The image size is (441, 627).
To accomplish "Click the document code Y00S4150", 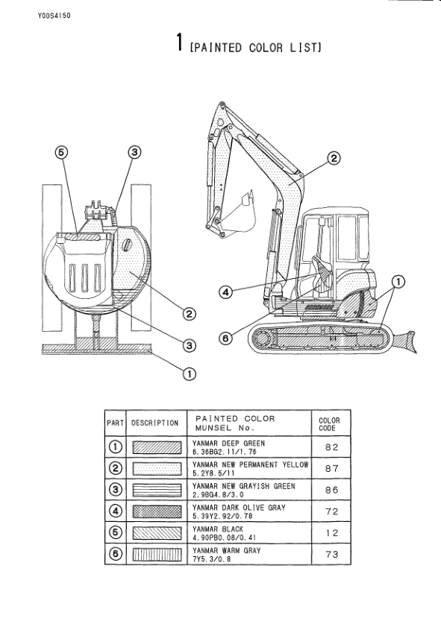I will point(54,16).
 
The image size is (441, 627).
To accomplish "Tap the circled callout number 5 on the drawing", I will point(62,152).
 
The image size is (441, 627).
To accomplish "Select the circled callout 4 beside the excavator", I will point(225,292).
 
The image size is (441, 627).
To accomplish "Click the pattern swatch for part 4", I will point(157,511).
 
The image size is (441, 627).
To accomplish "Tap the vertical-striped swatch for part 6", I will point(157,554).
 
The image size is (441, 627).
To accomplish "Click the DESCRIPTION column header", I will point(155,423).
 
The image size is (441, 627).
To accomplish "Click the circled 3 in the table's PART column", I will point(116,490).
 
